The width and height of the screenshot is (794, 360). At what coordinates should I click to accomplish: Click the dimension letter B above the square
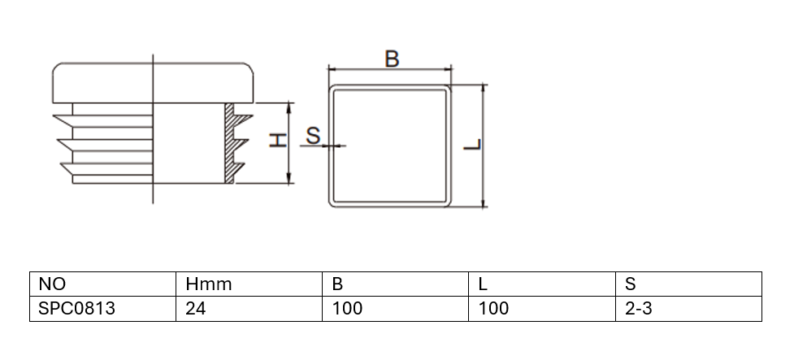pyautogui.click(x=392, y=59)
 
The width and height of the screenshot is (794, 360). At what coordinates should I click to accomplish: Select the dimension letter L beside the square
pyautogui.click(x=473, y=145)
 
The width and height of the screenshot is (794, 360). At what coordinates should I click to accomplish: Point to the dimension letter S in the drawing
pyautogui.click(x=314, y=136)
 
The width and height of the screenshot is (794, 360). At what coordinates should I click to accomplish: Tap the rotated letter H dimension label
pyautogui.click(x=278, y=141)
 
